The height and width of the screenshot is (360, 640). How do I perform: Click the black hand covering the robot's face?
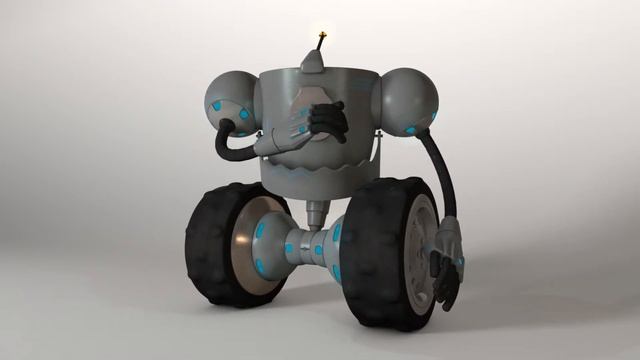point(327,120)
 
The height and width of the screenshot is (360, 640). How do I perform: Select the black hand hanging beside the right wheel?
point(444,277)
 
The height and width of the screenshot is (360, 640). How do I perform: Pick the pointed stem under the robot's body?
point(316,213)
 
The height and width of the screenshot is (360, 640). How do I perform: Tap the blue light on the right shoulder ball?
point(411,129)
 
